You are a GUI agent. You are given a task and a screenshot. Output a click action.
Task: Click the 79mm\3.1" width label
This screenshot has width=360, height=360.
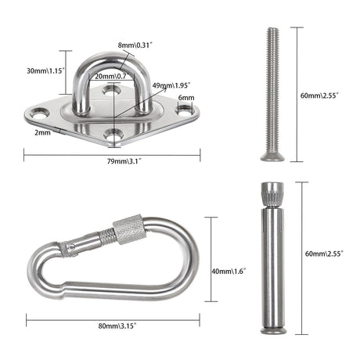pyautogui.click(x=124, y=161)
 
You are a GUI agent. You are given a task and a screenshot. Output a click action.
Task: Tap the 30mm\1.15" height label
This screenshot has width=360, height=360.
pyautogui.click(x=45, y=70)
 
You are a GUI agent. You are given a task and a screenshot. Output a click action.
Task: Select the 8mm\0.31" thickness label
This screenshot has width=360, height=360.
pyautogui.click(x=135, y=45)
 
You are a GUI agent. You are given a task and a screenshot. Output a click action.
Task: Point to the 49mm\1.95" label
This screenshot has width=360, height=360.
pyautogui.click(x=171, y=85)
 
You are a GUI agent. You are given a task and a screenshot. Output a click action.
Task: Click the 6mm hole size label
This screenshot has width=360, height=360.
pyautogui.click(x=186, y=98)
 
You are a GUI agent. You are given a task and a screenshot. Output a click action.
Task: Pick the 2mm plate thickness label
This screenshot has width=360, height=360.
pyautogui.click(x=42, y=132)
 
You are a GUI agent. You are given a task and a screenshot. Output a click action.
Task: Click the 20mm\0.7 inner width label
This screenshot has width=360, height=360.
pyautogui.click(x=110, y=77)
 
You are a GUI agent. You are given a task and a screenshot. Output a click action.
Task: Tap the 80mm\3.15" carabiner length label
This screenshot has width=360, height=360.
pyautogui.click(x=117, y=326)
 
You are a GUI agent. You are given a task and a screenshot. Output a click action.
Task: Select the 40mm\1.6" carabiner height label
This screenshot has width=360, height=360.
pyautogui.click(x=229, y=272)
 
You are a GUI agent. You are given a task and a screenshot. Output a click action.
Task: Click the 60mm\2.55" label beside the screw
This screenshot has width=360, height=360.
pyautogui.click(x=319, y=95)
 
